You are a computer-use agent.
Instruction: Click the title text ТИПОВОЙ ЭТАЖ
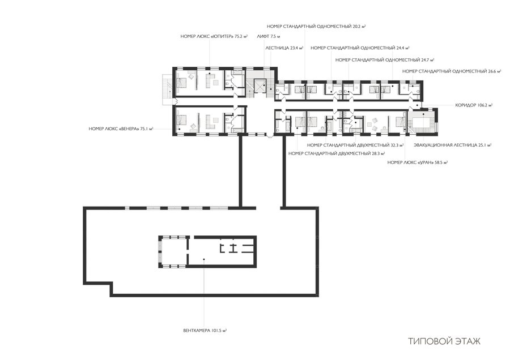(x=444, y=341)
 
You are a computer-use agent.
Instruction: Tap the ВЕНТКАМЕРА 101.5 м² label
(x=205, y=331)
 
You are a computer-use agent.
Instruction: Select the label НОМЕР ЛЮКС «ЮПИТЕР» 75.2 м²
(x=214, y=37)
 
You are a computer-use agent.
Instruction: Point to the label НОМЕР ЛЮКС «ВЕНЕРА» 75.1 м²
(x=121, y=129)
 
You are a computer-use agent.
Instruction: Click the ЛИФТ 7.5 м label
(x=269, y=37)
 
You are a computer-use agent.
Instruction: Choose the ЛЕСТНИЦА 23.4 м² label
(x=284, y=48)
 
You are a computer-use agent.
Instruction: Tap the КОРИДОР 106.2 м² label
(x=474, y=105)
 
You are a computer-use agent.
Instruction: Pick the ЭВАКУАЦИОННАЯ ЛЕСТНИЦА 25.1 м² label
(x=452, y=145)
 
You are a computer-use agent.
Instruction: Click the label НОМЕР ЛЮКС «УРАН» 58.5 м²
(x=417, y=162)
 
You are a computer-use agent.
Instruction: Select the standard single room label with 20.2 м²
(x=316, y=26)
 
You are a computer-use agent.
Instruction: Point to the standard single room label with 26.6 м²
(x=452, y=71)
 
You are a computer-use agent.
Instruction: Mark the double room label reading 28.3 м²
(x=337, y=153)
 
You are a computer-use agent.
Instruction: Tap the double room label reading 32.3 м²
(x=355, y=145)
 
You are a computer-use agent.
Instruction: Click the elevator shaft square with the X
(x=260, y=86)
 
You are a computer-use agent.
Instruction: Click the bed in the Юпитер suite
(x=181, y=82)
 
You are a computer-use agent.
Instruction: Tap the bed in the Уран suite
(x=399, y=122)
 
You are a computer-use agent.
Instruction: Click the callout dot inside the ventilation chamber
(x=203, y=259)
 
